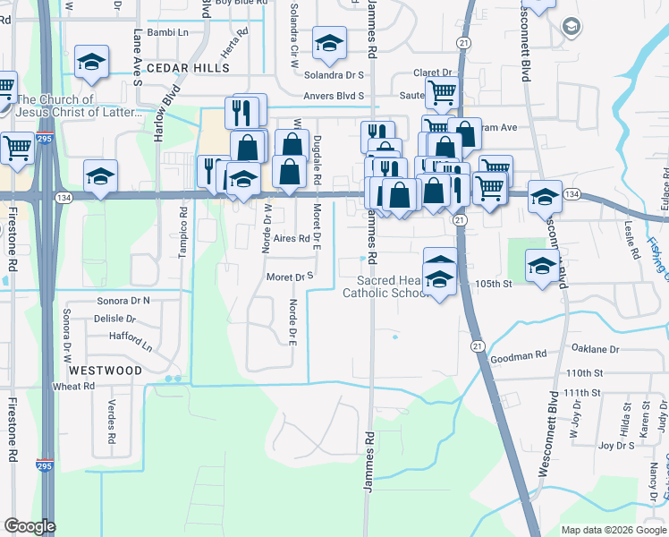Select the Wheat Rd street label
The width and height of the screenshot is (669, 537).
[x=74, y=387]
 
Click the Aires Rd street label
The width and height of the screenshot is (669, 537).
[x=292, y=239]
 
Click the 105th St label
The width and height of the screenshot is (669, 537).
[x=492, y=284]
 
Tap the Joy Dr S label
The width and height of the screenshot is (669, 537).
[x=616, y=445]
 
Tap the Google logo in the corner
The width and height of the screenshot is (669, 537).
[x=30, y=526]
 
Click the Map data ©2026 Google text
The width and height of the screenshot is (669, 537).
[x=614, y=530]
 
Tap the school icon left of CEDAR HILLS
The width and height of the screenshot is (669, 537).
[x=91, y=61]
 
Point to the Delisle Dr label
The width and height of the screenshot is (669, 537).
[x=114, y=318]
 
